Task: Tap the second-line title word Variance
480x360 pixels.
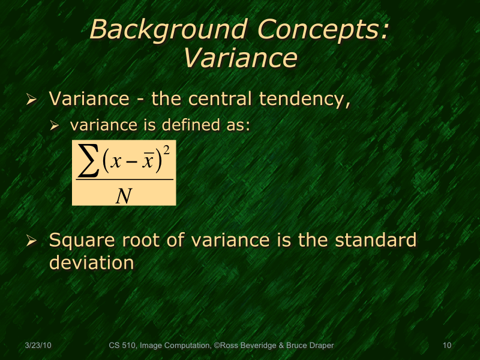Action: point(240,58)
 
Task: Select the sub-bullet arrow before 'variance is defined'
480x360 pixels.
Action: point(55,127)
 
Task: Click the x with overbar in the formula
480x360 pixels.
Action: point(145,163)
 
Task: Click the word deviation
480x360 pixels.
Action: point(91,263)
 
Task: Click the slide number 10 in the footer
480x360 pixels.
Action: point(446,346)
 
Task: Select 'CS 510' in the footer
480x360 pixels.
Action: point(122,346)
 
